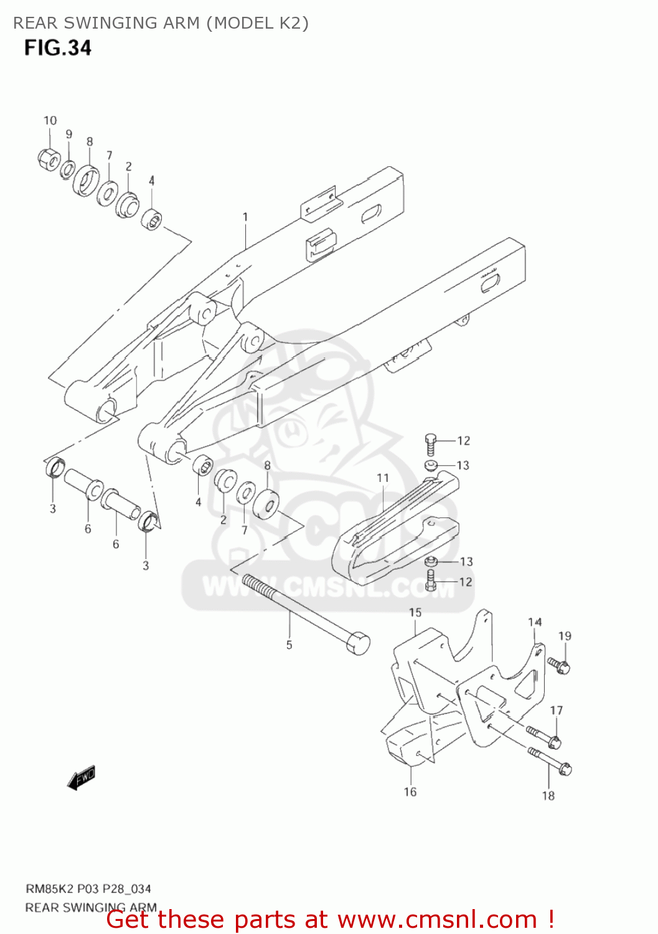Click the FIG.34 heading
click(58, 48)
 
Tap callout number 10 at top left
click(50, 120)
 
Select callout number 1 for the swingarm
click(245, 217)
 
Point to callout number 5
click(289, 645)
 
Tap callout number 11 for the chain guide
click(382, 478)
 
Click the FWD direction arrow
click(82, 778)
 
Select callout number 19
click(564, 636)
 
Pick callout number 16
click(410, 791)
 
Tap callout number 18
click(548, 795)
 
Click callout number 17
click(556, 710)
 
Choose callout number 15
click(415, 613)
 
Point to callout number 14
click(535, 622)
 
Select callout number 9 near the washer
click(69, 134)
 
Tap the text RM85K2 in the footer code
click(49, 889)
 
